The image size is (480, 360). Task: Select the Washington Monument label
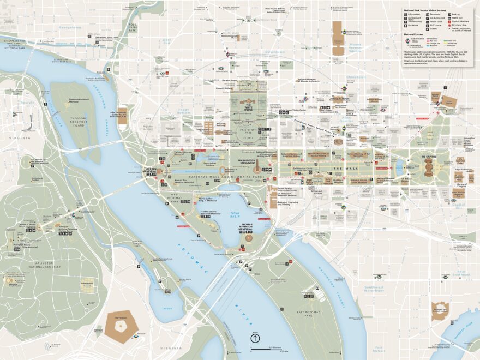coord(251,161)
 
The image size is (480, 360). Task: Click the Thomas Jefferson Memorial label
coord(247,227)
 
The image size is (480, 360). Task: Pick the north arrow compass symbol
coord(255,338)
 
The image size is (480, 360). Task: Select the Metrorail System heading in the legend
coord(414,34)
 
